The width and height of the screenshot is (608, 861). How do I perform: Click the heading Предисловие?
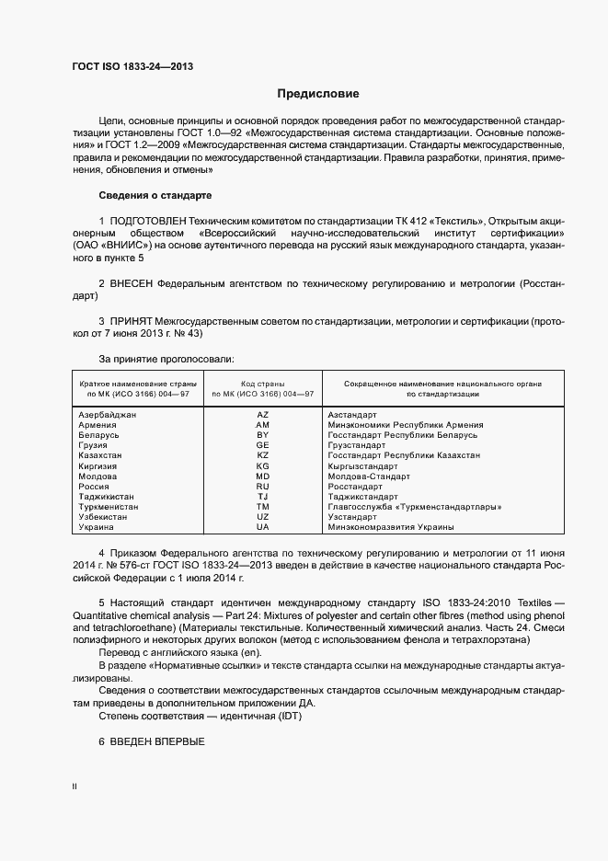click(318, 94)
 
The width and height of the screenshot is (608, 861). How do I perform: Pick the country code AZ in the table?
click(262, 415)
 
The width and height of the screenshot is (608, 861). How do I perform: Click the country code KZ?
click(262, 455)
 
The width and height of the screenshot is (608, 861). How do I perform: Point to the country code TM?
click(262, 506)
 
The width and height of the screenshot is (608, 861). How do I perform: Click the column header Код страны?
click(262, 383)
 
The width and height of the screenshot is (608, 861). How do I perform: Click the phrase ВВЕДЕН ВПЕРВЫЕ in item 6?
click(156, 741)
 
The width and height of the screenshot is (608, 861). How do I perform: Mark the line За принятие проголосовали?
click(166, 358)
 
